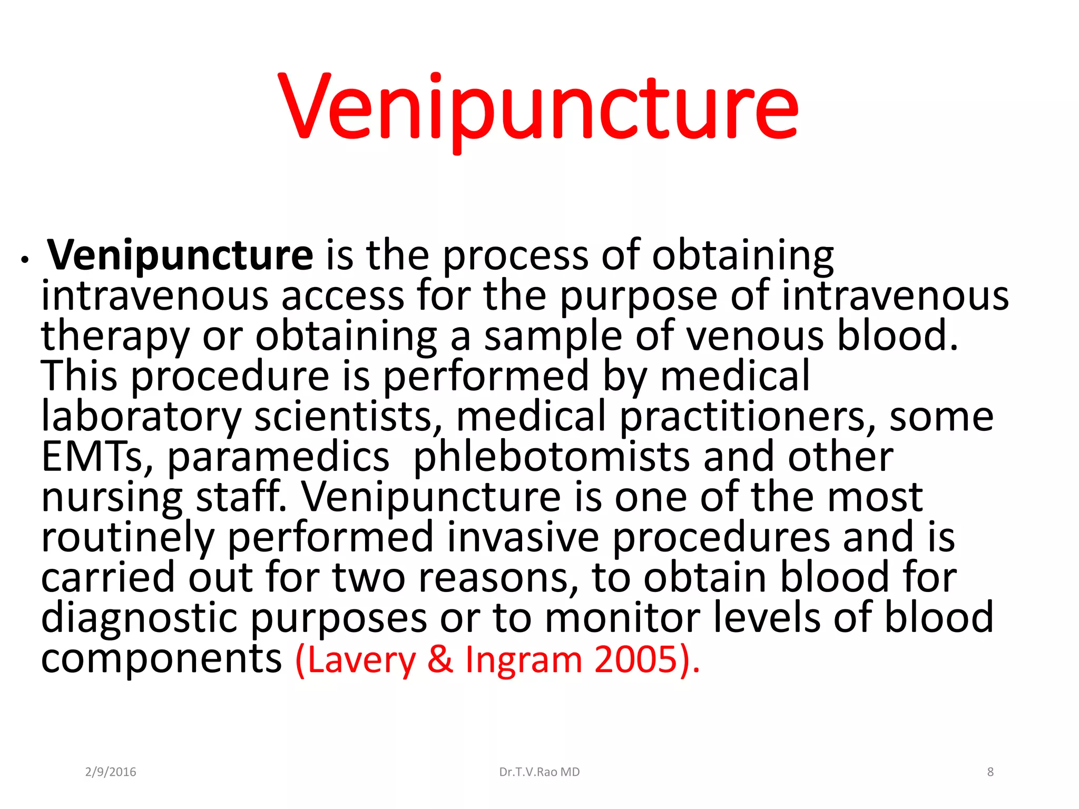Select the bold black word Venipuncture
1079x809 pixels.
click(180, 255)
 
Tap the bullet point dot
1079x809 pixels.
click(24, 260)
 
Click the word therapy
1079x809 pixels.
click(115, 337)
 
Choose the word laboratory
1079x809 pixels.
click(141, 417)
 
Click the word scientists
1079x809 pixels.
click(348, 417)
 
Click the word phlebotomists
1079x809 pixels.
click(551, 457)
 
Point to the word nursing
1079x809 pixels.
click(112, 498)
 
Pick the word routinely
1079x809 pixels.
click(127, 538)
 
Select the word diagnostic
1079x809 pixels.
click(139, 618)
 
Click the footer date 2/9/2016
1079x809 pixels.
click(111, 772)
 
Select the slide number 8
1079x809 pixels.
click(990, 772)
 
